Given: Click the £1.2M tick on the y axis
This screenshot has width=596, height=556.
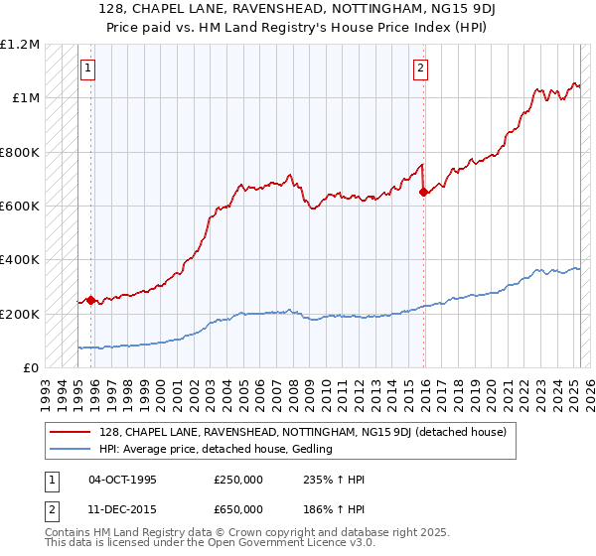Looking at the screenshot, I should tap(21, 45).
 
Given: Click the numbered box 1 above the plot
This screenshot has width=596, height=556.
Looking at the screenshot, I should tap(88, 69).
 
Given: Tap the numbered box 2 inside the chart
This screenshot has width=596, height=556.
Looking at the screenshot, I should tap(421, 69).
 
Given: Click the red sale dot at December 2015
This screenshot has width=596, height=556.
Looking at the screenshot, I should tap(424, 193).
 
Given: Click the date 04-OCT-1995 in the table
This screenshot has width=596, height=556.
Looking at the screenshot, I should tap(122, 481).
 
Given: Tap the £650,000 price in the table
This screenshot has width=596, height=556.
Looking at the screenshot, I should tap(238, 508).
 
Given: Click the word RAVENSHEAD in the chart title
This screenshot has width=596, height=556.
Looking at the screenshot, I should tap(257, 9).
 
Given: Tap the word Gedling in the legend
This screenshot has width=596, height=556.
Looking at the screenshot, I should tap(310, 450).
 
